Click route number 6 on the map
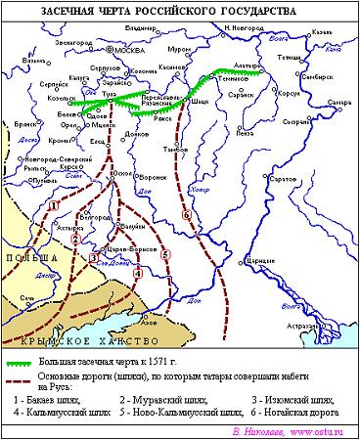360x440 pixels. tap(186, 214)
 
